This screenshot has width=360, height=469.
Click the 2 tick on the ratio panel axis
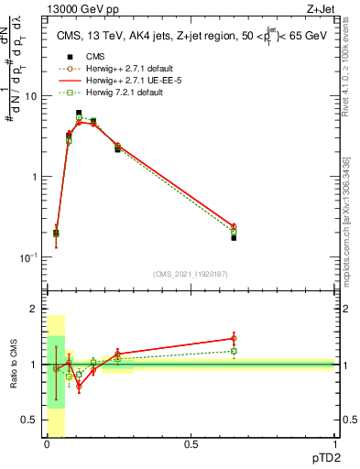point(36,310)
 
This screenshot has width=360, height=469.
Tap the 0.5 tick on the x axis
point(191,445)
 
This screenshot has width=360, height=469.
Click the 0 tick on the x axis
point(47,445)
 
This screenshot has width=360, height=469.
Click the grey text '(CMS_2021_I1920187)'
point(191,274)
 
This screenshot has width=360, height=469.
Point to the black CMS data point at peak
point(79,113)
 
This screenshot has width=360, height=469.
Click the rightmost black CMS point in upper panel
point(234,237)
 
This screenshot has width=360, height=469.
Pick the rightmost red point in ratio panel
point(234,338)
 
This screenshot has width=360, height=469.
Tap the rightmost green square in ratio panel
point(234,351)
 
